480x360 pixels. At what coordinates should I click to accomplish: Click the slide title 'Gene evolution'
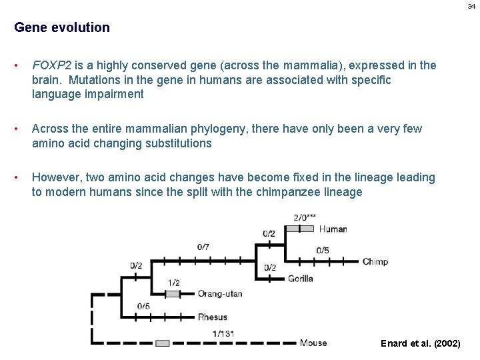pos(62,28)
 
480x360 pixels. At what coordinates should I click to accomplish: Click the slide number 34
pos(471,6)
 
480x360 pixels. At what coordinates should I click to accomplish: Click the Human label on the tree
pos(333,229)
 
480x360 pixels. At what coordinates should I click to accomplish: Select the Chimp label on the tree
pos(375,262)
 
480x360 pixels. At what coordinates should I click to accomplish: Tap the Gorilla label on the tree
pos(301,278)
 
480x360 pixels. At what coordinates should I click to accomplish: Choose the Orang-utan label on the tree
pos(220,293)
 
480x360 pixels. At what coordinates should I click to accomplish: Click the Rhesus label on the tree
pos(212,317)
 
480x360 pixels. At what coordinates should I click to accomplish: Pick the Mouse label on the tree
pos(313,343)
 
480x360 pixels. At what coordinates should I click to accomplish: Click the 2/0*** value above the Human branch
pos(305,217)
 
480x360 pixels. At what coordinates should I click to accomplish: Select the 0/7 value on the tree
pos(203,247)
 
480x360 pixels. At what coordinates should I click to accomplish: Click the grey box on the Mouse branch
pos(163,343)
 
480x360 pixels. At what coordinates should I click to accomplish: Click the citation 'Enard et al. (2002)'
pos(420,343)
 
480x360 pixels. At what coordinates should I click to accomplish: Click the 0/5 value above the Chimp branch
pos(323,250)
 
